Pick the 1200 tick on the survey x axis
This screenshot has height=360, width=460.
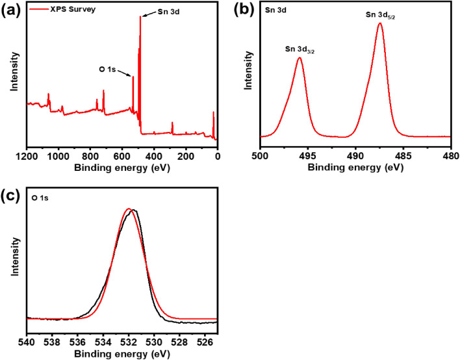point(27,157)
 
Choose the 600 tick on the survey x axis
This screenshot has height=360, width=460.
point(122,157)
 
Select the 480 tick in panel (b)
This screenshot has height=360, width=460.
point(450,157)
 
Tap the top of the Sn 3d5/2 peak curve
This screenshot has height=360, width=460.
point(380,24)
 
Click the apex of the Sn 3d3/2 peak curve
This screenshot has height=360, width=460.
point(300,58)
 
